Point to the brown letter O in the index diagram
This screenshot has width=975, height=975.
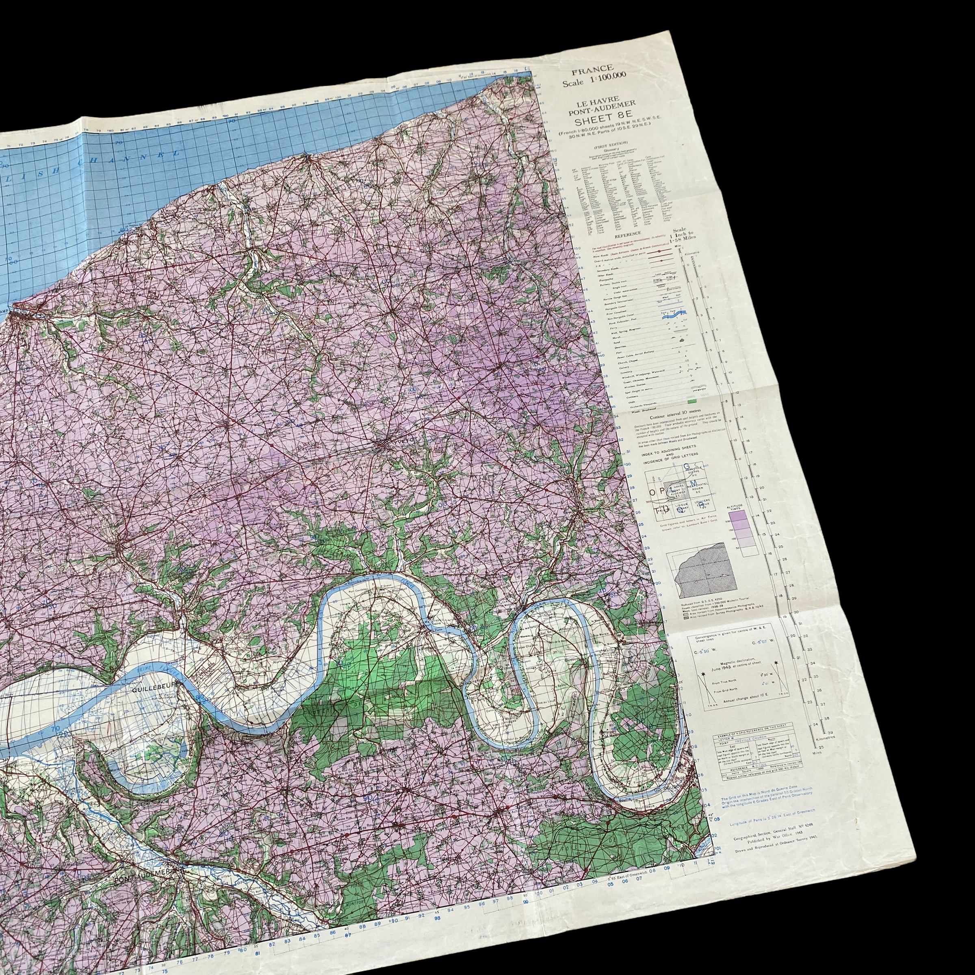point(652,492)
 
